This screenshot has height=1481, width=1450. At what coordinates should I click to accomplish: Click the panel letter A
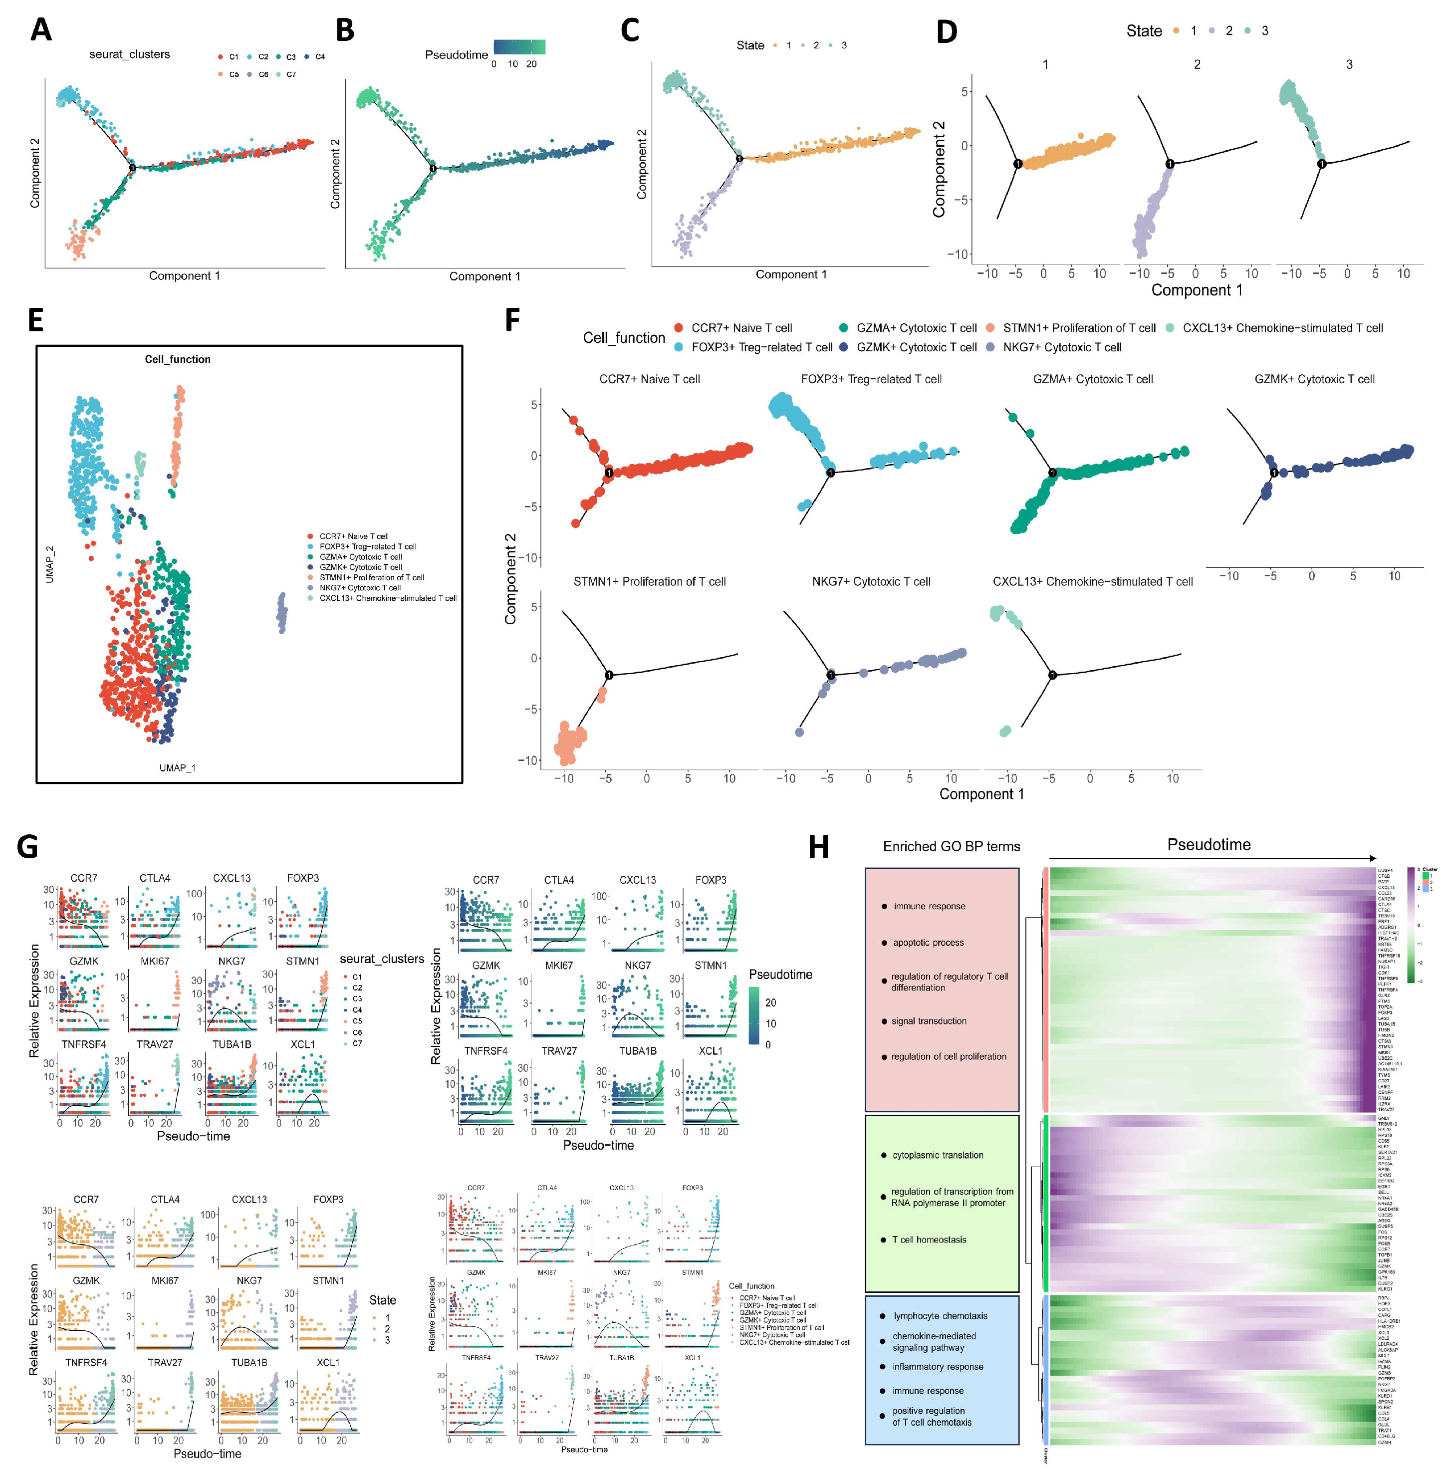coord(40,30)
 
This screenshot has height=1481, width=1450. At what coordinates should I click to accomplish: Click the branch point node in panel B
coord(433,168)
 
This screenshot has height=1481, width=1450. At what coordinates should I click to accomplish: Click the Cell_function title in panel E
coord(178,359)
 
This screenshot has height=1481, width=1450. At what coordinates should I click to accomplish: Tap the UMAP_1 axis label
coord(178,767)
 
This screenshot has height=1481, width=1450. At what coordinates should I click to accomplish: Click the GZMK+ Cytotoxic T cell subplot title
coord(1314,379)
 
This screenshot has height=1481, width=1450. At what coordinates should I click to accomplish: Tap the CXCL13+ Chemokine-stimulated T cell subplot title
coord(1092,582)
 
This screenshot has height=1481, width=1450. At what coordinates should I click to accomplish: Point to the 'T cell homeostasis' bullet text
coord(929,1239)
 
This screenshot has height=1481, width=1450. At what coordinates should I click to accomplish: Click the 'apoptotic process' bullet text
coord(928,943)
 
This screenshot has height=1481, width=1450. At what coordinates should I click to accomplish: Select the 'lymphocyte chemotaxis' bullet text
coord(940,1316)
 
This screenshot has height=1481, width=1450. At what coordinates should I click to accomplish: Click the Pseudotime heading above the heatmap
coord(1208,844)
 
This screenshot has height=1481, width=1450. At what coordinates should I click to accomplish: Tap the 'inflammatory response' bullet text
coord(938,1367)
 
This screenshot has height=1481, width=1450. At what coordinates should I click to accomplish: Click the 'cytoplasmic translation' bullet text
coord(938,1155)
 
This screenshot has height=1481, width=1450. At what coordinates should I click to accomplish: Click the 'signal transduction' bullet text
coord(929,1021)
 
